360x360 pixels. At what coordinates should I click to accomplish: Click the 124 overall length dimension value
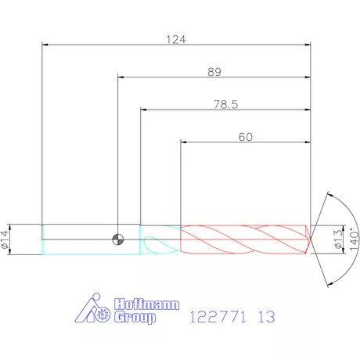click(176, 40)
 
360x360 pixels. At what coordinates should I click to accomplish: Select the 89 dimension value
click(214, 72)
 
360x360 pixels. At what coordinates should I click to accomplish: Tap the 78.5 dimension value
click(226, 104)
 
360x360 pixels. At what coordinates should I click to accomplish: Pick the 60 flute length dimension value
click(246, 137)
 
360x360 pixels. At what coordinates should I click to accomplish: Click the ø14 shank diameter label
click(5, 239)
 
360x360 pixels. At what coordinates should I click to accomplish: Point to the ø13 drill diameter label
click(338, 239)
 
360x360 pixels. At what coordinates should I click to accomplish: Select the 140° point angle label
click(355, 239)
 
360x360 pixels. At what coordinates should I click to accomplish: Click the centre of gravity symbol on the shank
click(118, 239)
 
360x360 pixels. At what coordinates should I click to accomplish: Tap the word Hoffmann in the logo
click(146, 304)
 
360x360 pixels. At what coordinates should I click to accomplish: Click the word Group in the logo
click(135, 317)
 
